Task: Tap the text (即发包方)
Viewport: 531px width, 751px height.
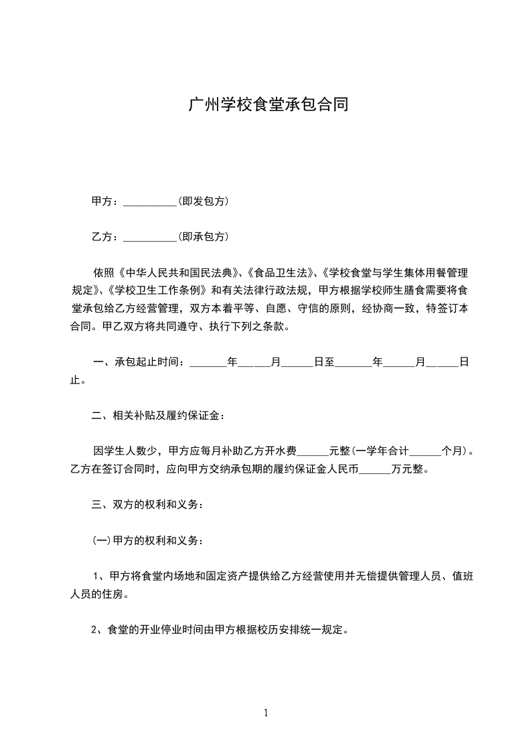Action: [204, 201]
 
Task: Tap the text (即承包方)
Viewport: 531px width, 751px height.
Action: [204, 236]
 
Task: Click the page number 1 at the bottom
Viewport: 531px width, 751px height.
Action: [266, 713]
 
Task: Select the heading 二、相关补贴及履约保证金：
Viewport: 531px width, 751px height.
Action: [159, 416]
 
